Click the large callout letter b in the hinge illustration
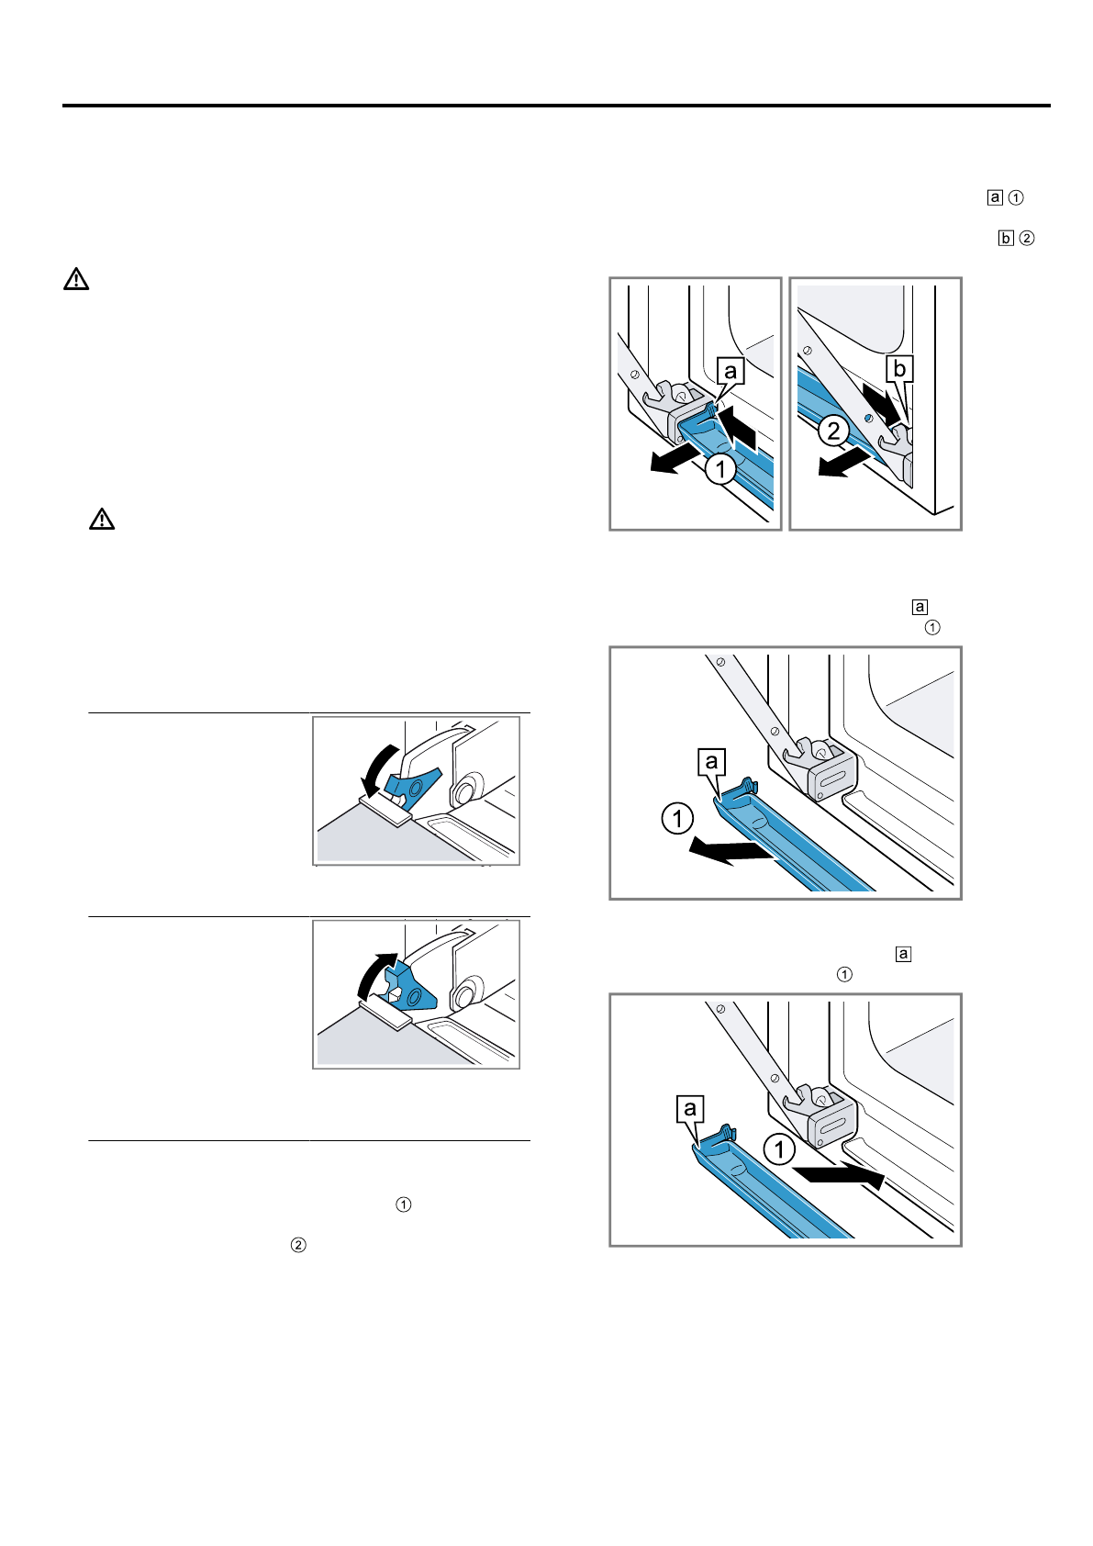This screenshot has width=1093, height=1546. [899, 369]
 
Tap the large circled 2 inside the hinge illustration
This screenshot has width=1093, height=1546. [833, 430]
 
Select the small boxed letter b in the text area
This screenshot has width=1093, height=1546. [1006, 238]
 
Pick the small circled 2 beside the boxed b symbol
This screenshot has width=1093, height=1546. [1027, 238]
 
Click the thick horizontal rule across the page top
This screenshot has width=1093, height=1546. [556, 106]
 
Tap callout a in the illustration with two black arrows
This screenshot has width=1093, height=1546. [731, 371]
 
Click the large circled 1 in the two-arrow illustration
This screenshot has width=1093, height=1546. [721, 469]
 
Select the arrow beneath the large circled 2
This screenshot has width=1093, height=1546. [842, 466]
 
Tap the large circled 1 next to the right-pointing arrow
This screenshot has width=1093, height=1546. [779, 1148]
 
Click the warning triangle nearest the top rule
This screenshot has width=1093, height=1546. [76, 279]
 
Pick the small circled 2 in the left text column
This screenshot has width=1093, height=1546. [298, 1245]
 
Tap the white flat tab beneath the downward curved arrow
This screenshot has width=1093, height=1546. [385, 808]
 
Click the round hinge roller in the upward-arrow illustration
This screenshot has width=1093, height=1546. [465, 992]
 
